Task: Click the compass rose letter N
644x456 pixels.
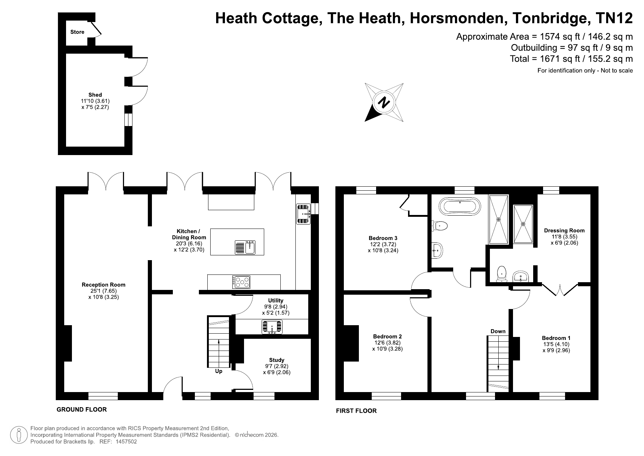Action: tap(384, 102)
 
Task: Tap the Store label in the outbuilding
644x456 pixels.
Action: tap(77, 32)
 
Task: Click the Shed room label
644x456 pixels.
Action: tap(95, 95)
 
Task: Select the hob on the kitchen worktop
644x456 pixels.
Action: tap(241, 282)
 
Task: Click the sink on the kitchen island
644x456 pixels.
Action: tap(245, 247)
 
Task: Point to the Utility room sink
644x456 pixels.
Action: tap(272, 327)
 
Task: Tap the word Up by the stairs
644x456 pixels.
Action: tap(219, 371)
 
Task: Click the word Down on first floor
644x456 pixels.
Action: tap(498, 331)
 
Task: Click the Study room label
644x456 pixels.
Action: tap(277, 360)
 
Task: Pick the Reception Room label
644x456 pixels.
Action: tap(103, 285)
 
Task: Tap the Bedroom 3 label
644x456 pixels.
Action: tap(383, 238)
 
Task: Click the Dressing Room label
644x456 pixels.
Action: tap(564, 231)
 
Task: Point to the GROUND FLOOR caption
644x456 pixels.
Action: tap(81, 409)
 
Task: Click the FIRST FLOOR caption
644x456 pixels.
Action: tap(356, 411)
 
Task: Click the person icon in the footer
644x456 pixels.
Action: tap(19, 435)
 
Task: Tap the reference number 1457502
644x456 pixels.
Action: tap(126, 442)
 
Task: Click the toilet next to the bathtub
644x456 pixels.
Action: tap(440, 226)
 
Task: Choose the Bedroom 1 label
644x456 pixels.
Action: tap(556, 338)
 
